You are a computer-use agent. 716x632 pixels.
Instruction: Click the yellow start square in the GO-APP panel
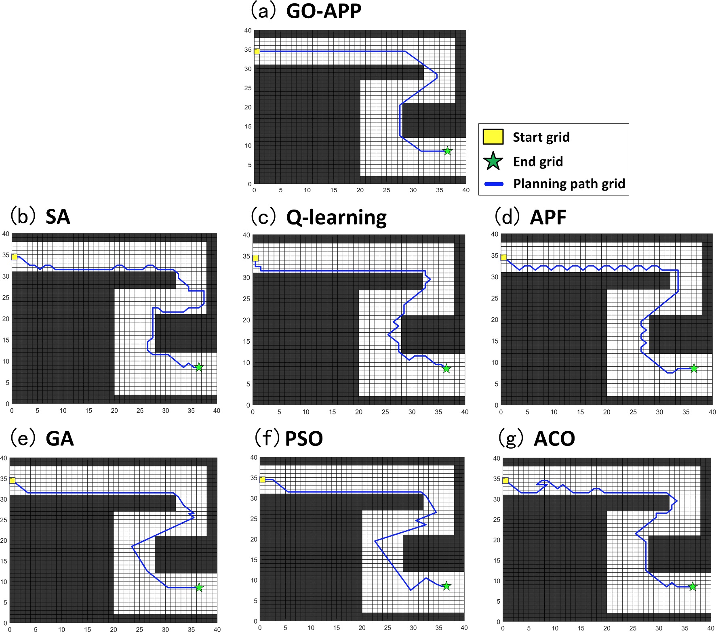coord(257,51)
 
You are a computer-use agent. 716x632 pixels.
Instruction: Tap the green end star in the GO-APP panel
coord(447,151)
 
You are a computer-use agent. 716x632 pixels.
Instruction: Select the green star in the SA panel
coord(199,367)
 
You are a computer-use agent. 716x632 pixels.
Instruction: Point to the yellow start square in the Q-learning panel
coord(255,258)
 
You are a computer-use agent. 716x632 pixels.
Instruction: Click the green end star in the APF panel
coord(694,368)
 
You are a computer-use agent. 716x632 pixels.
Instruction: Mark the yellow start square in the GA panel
coord(13,481)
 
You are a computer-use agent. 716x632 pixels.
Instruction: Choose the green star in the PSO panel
coord(446,586)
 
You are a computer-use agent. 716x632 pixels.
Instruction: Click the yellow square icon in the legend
coord(493,137)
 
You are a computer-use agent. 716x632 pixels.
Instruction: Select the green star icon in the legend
coord(493,161)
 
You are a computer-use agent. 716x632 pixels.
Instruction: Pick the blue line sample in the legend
coord(494,184)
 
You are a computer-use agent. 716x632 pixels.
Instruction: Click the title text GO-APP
coord(324,11)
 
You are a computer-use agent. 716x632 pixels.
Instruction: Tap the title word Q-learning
coord(336,218)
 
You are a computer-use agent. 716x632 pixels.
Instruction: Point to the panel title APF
coord(548,218)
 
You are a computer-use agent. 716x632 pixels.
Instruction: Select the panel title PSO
coord(304,439)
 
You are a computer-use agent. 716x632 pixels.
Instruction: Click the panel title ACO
coord(554,439)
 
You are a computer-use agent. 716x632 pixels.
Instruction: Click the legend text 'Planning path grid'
coord(569,184)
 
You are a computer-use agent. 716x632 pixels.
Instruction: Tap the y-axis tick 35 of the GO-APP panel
coord(248,50)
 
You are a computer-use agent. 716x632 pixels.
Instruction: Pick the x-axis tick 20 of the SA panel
coord(114,411)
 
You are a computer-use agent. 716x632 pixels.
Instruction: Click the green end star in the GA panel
coord(199,588)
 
